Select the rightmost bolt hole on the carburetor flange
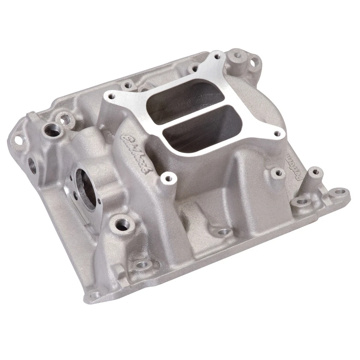277,133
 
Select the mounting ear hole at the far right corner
339,192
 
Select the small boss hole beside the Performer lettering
277,173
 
